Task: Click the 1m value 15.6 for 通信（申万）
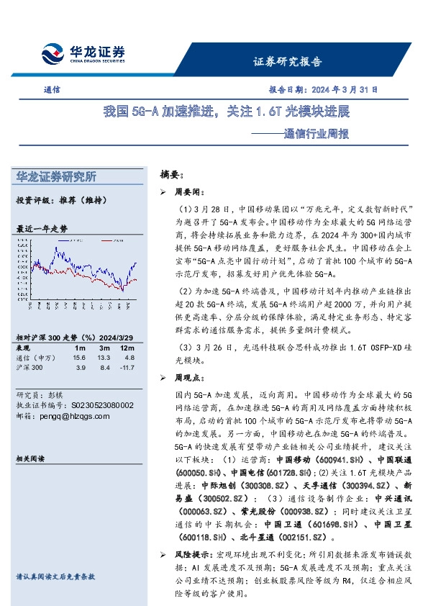pyautogui.click(x=79, y=357)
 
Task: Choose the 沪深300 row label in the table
pyautogui.click(x=29, y=368)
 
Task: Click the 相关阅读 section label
pyautogui.click(x=29, y=458)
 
